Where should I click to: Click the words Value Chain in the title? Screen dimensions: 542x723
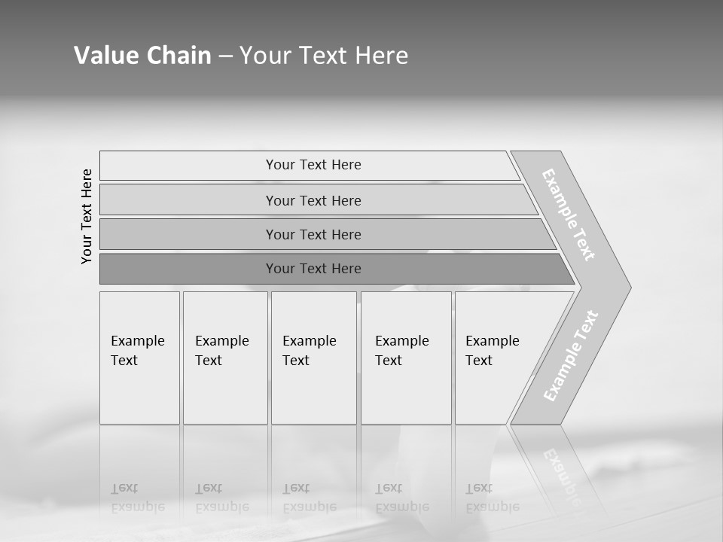click(x=142, y=56)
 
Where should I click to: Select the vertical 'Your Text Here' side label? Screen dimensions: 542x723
click(x=87, y=216)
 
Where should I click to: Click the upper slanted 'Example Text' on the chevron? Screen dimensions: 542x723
click(x=569, y=215)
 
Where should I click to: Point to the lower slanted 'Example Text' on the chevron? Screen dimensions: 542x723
click(x=571, y=355)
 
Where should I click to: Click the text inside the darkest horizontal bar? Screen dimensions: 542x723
click(x=313, y=269)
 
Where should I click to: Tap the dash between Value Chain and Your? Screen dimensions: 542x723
click(x=225, y=56)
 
